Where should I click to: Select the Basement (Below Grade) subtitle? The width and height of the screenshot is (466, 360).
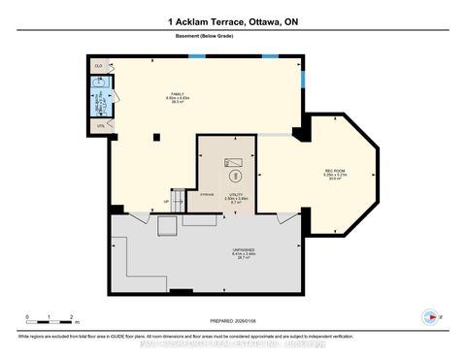tap(233, 38)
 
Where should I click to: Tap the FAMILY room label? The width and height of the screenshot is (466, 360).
tap(176, 94)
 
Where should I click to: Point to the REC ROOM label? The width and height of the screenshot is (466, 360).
tap(335, 170)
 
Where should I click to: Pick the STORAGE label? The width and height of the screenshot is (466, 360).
tap(181, 195)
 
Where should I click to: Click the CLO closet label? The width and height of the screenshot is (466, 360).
tap(98, 66)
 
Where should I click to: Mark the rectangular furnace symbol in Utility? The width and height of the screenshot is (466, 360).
tap(233, 163)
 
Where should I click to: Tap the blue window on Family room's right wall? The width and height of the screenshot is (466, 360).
tap(301, 77)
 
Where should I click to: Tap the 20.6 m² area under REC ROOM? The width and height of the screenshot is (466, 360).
tap(335, 179)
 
